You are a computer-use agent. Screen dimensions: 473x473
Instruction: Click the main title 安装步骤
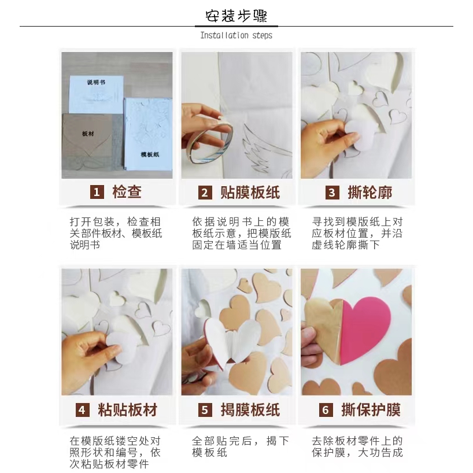click(236, 16)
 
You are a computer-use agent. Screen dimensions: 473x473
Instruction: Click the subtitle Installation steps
click(236, 35)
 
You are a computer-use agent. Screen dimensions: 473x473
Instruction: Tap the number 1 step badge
click(97, 192)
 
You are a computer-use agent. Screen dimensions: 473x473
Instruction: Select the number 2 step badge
click(205, 192)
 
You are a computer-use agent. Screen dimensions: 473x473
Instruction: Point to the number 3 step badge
click(332, 192)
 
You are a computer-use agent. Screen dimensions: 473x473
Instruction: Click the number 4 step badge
click(82, 410)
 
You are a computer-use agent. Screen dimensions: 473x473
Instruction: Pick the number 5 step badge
click(205, 410)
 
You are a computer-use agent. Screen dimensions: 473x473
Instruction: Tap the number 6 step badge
click(326, 410)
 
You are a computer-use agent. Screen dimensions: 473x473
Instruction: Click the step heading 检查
click(127, 192)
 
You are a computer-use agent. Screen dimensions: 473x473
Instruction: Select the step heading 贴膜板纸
click(250, 192)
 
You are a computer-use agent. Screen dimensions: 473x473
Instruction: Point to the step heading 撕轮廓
click(370, 192)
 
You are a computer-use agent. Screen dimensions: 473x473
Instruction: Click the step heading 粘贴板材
click(128, 410)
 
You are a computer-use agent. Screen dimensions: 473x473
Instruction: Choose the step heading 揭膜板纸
click(250, 410)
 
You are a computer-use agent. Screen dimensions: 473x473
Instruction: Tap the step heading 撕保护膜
click(371, 410)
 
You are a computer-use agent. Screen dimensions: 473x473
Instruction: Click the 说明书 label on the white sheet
click(96, 82)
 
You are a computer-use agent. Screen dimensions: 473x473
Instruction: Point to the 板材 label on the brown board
click(88, 134)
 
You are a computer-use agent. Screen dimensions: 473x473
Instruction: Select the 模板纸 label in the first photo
click(150, 154)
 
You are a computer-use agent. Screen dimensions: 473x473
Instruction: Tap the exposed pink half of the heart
click(365, 329)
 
